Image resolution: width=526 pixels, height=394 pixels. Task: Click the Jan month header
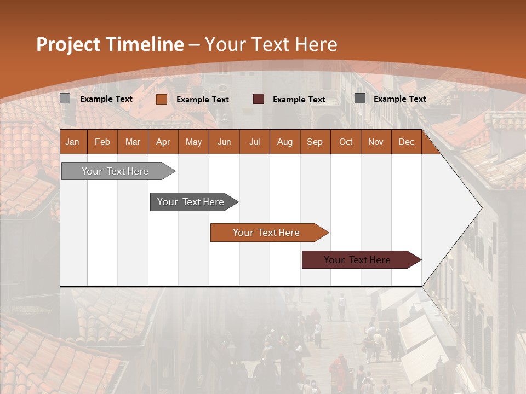pyautogui.click(x=72, y=142)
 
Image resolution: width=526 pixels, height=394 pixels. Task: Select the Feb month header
pyautogui.click(x=102, y=142)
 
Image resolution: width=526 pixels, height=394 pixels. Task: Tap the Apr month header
pyautogui.click(x=163, y=142)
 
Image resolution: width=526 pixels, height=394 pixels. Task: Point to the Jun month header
pyautogui.click(x=224, y=142)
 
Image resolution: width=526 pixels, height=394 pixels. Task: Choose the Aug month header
pyautogui.click(x=284, y=142)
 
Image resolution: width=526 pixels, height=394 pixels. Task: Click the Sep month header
pyautogui.click(x=315, y=142)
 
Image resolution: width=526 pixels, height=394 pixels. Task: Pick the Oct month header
pyautogui.click(x=346, y=142)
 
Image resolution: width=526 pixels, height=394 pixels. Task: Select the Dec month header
pyautogui.click(x=406, y=142)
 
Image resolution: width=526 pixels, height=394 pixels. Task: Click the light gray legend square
pyautogui.click(x=65, y=99)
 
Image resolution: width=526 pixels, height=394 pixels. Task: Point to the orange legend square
pyautogui.click(x=162, y=99)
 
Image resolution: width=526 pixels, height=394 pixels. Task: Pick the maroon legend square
pyautogui.click(x=259, y=99)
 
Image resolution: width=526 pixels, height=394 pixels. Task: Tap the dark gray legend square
pyautogui.click(x=360, y=99)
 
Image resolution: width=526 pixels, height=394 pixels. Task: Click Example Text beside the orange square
pyautogui.click(x=203, y=100)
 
